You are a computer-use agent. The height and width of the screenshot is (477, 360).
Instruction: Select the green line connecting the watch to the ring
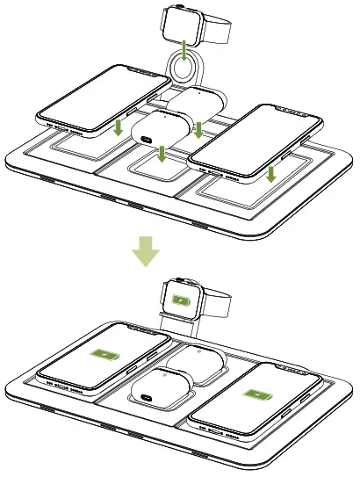pos(184,51)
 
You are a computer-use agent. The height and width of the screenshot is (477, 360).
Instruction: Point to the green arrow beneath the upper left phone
pos(118,129)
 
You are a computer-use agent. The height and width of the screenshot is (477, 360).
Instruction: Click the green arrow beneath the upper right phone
pos(271,174)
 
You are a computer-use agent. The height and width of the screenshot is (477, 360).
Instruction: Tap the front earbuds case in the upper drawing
pos(158,131)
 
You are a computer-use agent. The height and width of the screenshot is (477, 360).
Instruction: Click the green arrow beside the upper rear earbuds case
pos(198,129)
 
